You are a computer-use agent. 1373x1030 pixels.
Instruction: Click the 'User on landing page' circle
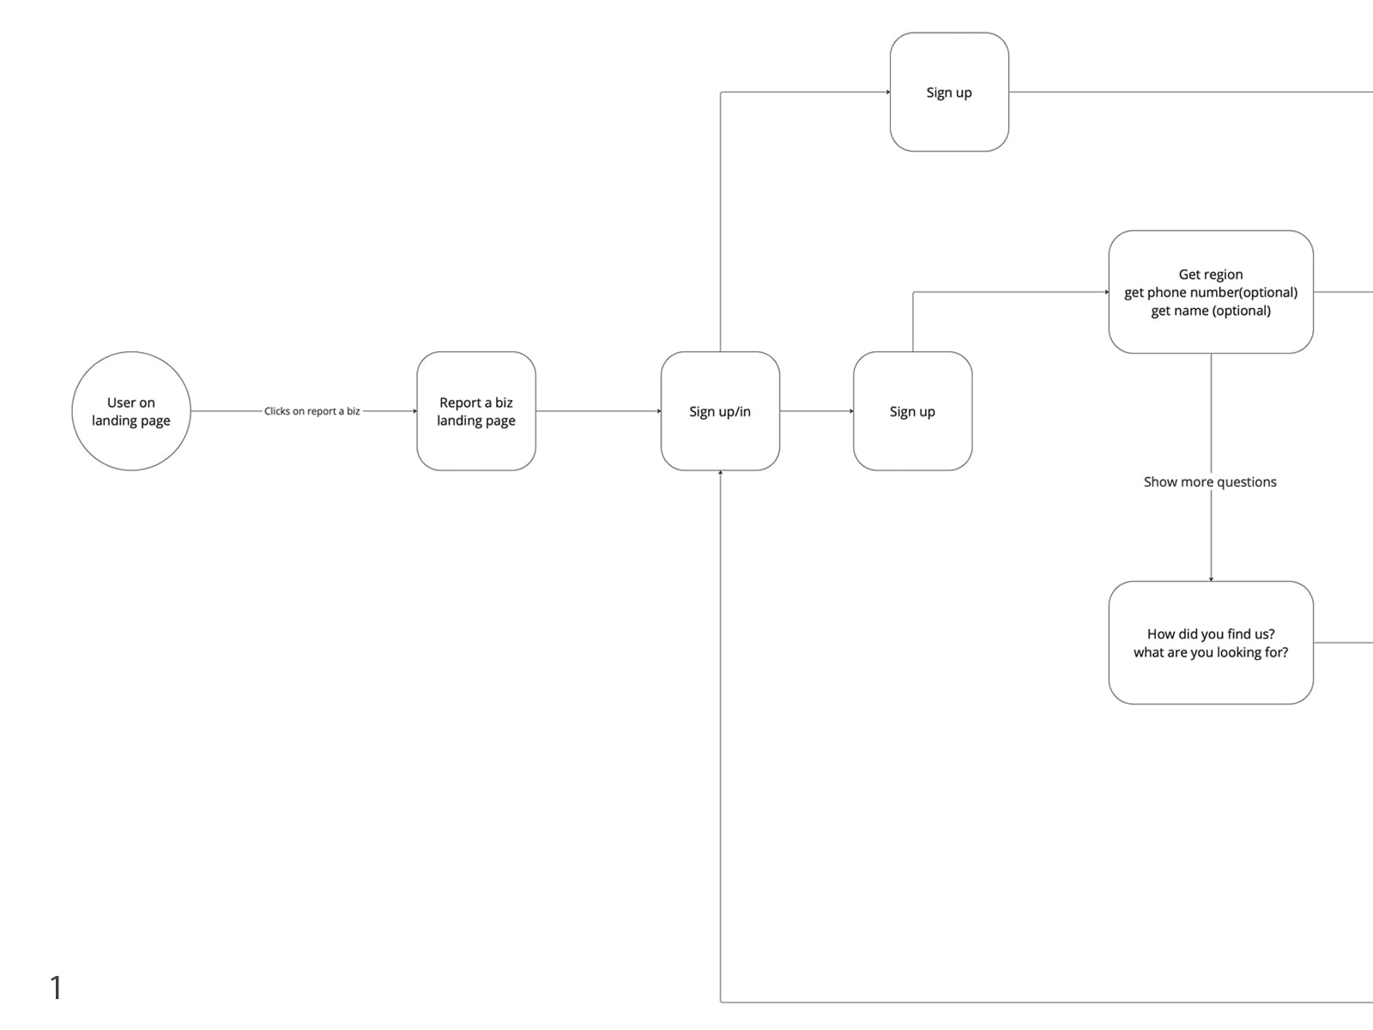(x=131, y=411)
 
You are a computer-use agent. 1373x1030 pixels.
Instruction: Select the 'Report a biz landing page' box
(x=476, y=411)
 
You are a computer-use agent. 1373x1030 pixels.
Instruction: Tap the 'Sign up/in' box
(x=720, y=411)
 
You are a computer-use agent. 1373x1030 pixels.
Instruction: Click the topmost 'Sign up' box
(x=949, y=92)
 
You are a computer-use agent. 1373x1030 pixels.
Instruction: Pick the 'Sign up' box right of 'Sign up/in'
(x=913, y=411)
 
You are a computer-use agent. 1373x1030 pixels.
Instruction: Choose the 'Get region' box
(x=1211, y=292)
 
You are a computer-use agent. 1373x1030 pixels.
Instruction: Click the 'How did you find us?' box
(x=1211, y=643)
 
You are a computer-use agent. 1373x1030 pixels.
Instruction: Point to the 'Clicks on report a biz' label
(x=312, y=411)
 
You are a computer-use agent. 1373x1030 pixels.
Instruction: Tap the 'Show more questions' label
(x=1210, y=482)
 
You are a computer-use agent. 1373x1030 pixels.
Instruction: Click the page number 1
(x=57, y=987)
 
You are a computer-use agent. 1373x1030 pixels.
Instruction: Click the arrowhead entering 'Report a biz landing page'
(x=414, y=411)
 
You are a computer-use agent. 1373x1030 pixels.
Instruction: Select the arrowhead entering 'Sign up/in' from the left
(x=659, y=411)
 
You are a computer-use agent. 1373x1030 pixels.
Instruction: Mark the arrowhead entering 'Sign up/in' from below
(x=721, y=473)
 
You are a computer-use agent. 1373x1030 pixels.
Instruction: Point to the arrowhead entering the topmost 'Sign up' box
(x=887, y=92)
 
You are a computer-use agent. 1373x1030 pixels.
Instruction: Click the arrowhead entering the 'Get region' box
(x=1106, y=292)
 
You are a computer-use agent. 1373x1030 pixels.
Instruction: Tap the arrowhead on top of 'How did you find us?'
(x=1211, y=579)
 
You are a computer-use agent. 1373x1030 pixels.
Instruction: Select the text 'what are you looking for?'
(x=1211, y=652)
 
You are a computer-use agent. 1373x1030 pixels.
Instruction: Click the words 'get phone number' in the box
(x=1181, y=293)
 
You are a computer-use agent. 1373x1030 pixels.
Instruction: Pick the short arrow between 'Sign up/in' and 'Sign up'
(x=817, y=411)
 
